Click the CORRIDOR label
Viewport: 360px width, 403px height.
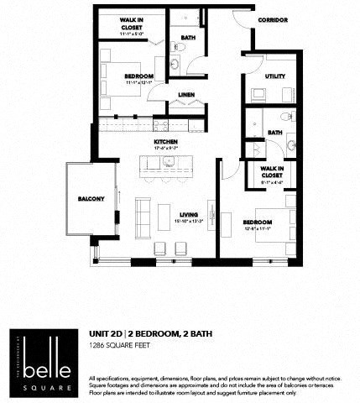[273, 19]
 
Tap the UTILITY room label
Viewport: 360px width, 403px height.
[274, 76]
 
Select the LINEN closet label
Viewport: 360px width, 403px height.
[187, 96]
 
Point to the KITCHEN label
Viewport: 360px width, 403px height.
[164, 142]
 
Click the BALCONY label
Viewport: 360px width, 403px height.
[91, 198]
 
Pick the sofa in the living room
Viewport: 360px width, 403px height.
[142, 215]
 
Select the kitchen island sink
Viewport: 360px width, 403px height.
[168, 160]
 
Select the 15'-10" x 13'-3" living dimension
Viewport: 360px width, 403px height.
[189, 222]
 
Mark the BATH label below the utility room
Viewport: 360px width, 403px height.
[274, 132]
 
